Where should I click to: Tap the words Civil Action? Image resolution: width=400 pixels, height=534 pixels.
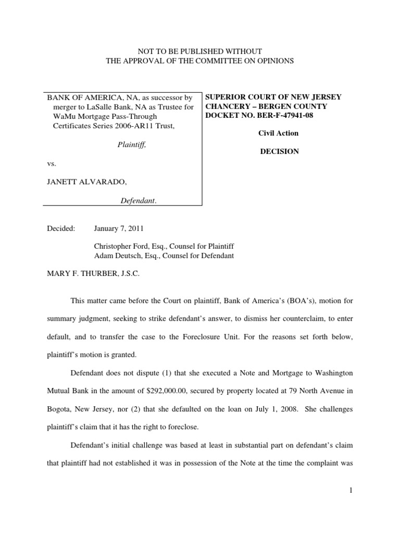pyautogui.click(x=279, y=133)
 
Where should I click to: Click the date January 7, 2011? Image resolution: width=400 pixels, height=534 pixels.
pyautogui.click(x=119, y=228)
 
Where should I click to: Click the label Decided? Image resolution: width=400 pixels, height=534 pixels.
pyautogui.click(x=61, y=228)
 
